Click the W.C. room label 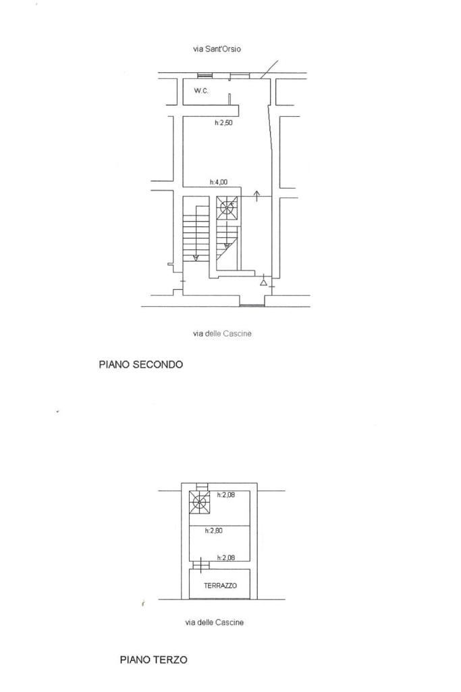[x=201, y=91]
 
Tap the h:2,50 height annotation [x=223, y=123]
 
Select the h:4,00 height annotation [x=218, y=182]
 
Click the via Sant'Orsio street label [x=217, y=49]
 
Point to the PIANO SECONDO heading [x=140, y=364]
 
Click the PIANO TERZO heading [x=153, y=659]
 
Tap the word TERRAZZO [x=220, y=586]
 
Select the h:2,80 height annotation [x=214, y=530]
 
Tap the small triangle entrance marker [x=263, y=282]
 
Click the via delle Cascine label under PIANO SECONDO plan [x=222, y=333]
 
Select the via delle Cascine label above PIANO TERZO [x=215, y=622]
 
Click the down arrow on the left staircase [x=195, y=257]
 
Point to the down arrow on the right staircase [x=227, y=244]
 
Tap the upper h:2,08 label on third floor [x=226, y=495]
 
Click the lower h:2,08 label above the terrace [x=226, y=558]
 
